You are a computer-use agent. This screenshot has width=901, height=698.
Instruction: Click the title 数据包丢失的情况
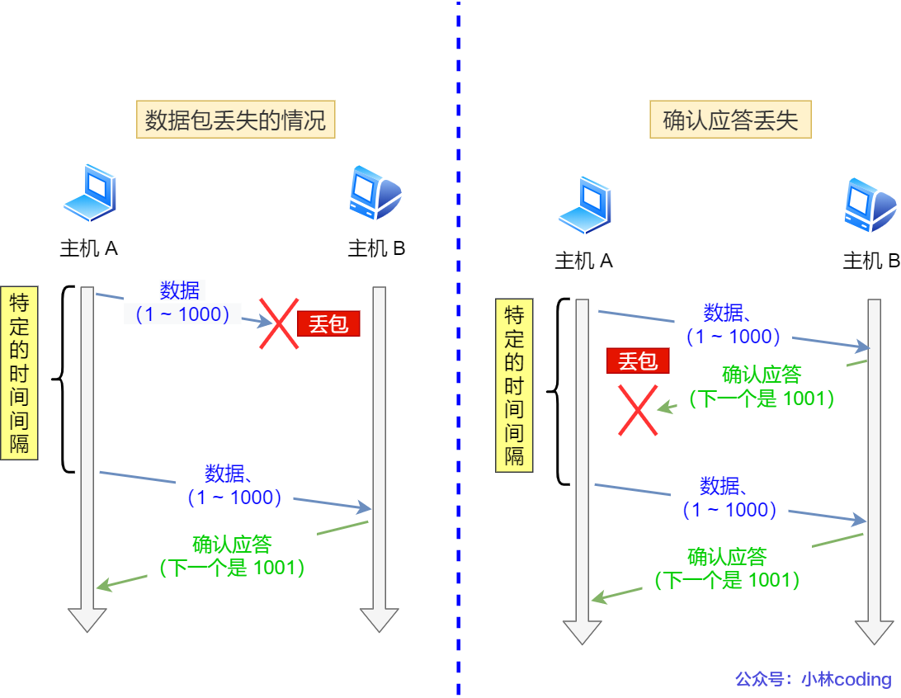point(235,120)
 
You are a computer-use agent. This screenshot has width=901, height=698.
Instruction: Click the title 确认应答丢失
point(730,120)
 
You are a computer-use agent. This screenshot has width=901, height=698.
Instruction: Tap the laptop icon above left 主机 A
point(89,194)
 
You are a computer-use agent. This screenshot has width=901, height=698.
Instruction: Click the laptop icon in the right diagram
point(584,205)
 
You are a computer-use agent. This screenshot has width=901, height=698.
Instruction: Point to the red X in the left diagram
point(279,323)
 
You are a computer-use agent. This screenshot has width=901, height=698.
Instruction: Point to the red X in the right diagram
point(639,410)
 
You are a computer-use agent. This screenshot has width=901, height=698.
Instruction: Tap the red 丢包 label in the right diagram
point(637,361)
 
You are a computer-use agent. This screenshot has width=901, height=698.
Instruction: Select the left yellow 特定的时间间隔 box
point(19,373)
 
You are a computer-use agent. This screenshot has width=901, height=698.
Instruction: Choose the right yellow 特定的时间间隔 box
point(514,385)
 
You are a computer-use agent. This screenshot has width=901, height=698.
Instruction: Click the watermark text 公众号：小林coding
point(813,679)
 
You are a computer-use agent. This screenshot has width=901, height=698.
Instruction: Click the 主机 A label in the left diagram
point(89,248)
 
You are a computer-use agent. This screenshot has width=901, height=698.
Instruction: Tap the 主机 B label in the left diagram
point(376,248)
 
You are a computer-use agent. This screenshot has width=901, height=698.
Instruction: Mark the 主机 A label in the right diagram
point(584,261)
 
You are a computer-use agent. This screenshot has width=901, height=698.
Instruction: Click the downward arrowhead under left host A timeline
point(87,620)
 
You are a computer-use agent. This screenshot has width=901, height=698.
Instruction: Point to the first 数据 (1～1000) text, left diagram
point(180,302)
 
